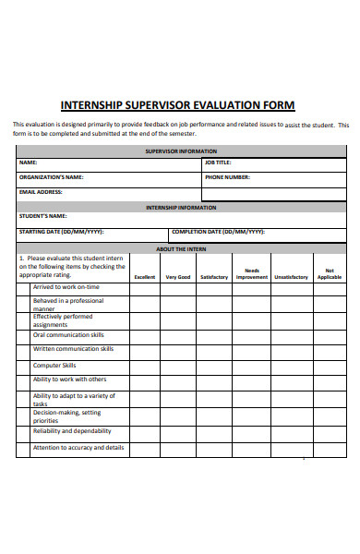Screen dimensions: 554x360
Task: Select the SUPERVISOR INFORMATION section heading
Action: (x=181, y=151)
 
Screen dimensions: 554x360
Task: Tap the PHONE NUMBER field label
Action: (x=227, y=177)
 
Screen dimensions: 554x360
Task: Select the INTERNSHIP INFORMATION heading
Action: (x=181, y=208)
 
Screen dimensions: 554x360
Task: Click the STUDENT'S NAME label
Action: (x=44, y=217)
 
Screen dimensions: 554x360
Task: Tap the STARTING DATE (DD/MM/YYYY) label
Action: (x=61, y=232)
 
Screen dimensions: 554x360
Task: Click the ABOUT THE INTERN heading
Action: (x=181, y=249)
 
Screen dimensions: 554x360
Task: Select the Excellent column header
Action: (x=145, y=277)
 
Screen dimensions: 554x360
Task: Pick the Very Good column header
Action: (x=178, y=277)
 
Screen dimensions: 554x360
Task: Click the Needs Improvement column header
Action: (x=251, y=274)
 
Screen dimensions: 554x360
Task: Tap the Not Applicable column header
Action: (x=330, y=274)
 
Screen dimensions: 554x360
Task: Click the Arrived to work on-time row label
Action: (x=66, y=287)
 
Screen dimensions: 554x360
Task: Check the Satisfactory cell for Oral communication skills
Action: (x=213, y=335)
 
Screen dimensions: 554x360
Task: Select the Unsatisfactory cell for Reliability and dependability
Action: (x=291, y=432)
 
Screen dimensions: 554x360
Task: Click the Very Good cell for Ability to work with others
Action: (x=178, y=380)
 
